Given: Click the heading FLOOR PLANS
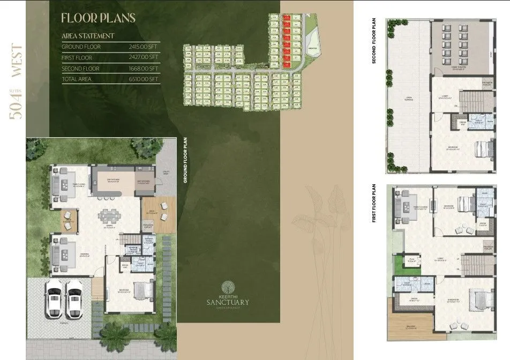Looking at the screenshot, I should pyautogui.click(x=98, y=18).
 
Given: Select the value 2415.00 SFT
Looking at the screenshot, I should pyautogui.click(x=144, y=47).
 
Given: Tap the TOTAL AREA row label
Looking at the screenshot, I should pyautogui.click(x=76, y=79).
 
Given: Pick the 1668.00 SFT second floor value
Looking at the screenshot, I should pyautogui.click(x=144, y=68).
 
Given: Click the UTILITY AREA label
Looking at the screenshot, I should pyautogui.click(x=166, y=173).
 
